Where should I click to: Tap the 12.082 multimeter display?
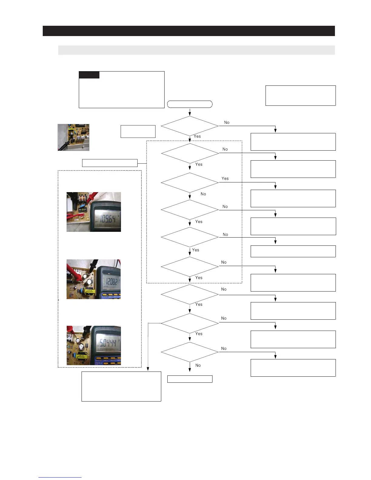point(111,282)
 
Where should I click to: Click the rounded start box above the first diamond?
point(190,104)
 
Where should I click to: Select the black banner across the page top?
point(189,31)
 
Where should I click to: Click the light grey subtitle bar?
point(196,50)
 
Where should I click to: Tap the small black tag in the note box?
point(89,75)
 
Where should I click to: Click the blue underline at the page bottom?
point(60,477)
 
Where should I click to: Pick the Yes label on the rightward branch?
point(225,178)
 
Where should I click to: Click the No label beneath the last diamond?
point(198,365)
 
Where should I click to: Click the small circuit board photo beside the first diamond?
point(73,137)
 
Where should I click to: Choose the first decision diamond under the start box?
point(190,126)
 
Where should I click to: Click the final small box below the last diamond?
point(190,379)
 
